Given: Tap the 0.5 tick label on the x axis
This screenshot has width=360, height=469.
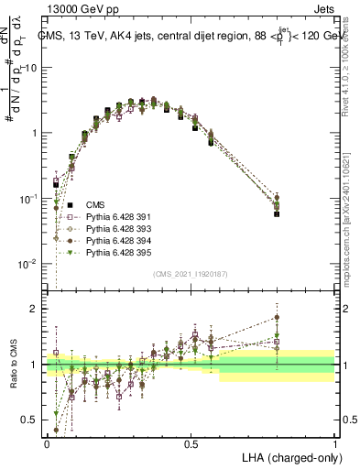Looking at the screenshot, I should click(190, 442).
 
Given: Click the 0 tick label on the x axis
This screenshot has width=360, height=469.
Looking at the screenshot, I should click(47, 442).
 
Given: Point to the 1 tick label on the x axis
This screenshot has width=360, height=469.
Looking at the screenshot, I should click(333, 442).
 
